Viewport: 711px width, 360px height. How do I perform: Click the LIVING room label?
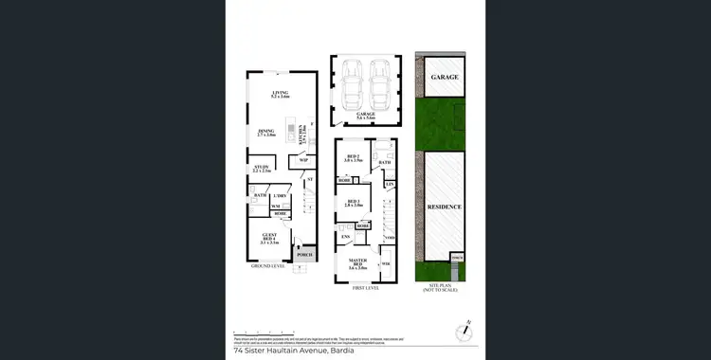tap(280, 92)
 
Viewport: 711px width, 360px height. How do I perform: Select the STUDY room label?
tap(262, 168)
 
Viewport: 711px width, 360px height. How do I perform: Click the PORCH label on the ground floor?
tap(305, 254)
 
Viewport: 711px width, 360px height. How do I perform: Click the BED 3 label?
tap(353, 202)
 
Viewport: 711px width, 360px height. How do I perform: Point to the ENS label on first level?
tap(345, 237)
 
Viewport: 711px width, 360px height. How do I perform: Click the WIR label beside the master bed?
tap(386, 263)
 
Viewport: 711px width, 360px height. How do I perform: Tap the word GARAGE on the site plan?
tap(445, 77)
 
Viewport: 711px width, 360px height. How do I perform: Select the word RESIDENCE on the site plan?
tap(444, 207)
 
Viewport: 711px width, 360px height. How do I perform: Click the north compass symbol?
tap(463, 332)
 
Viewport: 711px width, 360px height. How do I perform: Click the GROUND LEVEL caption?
tap(267, 266)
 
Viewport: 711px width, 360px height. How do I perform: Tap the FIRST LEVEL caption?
tap(366, 286)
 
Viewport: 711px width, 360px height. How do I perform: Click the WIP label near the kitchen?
tap(303, 160)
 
